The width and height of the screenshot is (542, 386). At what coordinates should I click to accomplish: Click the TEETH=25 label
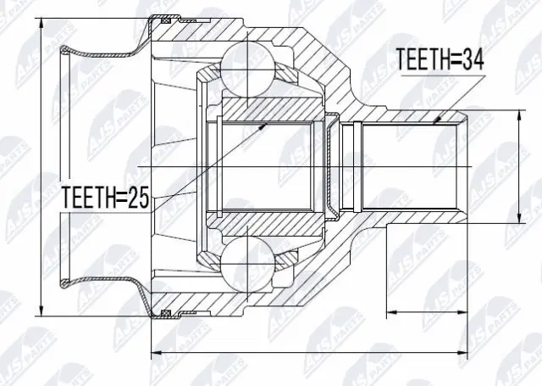(105, 199)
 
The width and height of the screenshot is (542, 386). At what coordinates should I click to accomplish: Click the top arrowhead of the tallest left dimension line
(41, 19)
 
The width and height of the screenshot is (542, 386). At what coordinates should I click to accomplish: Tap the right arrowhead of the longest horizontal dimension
(467, 351)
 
